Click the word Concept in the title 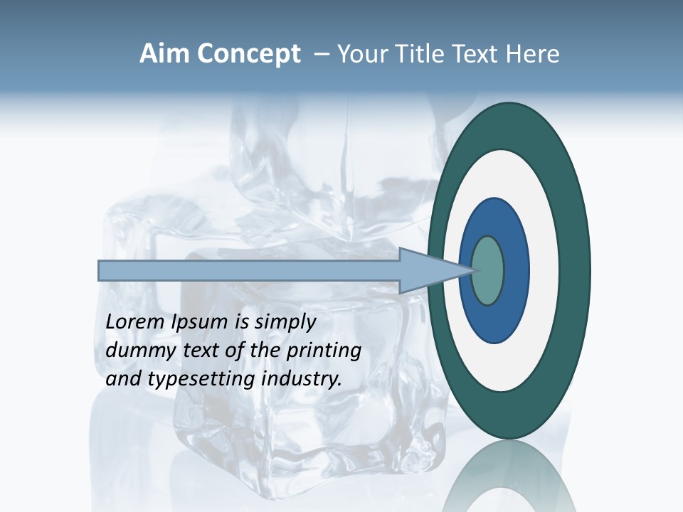(248, 54)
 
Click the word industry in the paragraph (301, 379)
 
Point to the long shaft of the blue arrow (249, 271)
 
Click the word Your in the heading (361, 54)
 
